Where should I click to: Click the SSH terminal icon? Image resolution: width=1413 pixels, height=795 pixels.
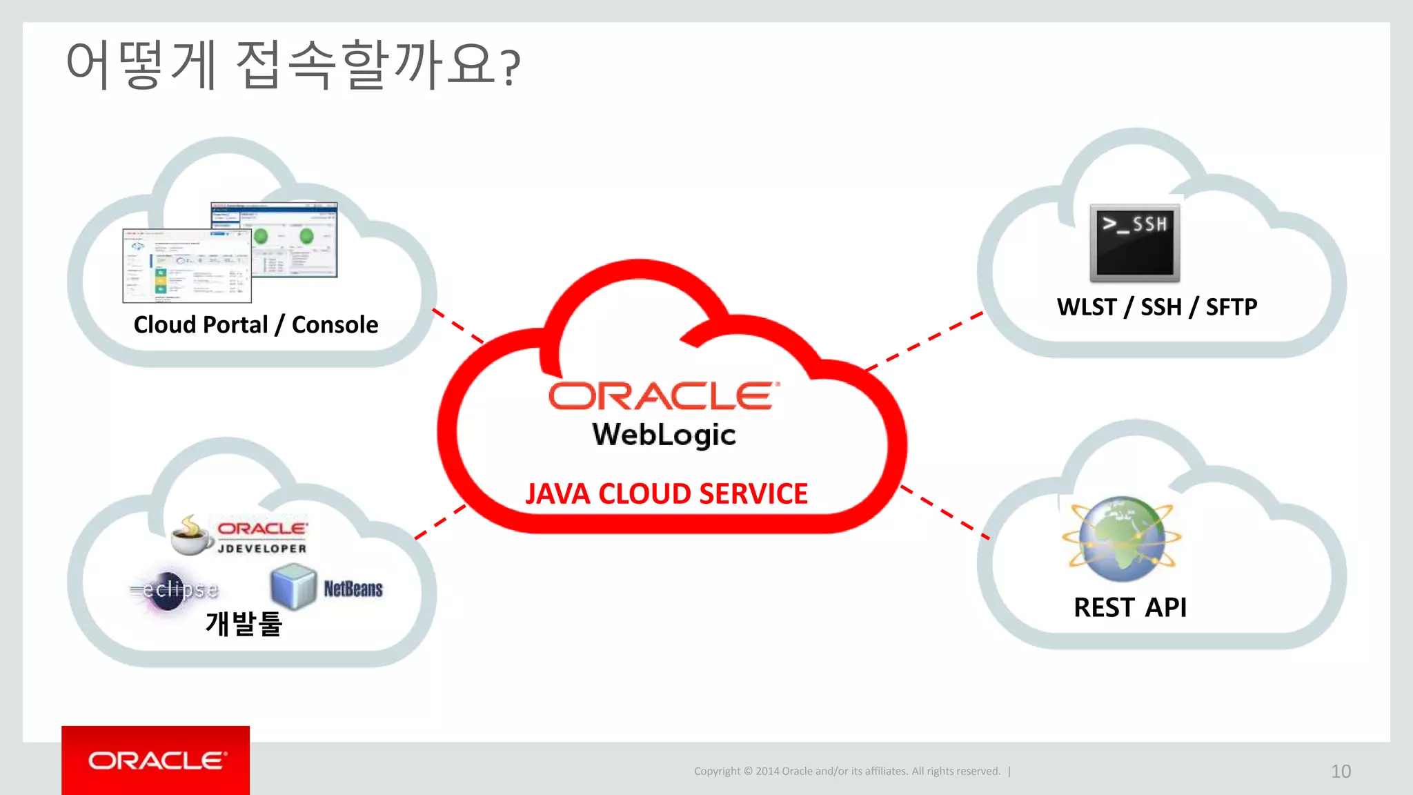(x=1134, y=243)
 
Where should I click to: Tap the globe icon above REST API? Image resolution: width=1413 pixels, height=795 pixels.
(x=1122, y=539)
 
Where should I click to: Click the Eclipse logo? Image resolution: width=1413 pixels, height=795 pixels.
(x=175, y=590)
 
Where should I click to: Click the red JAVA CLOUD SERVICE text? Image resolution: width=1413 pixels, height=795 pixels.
(x=666, y=494)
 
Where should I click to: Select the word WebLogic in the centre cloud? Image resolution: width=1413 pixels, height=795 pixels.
(x=664, y=435)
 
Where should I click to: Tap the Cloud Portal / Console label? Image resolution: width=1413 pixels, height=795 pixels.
(x=255, y=324)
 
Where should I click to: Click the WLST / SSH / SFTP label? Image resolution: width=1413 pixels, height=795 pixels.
(x=1157, y=306)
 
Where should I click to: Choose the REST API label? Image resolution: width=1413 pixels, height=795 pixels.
(x=1130, y=607)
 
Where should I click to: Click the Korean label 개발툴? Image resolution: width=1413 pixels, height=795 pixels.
(x=244, y=624)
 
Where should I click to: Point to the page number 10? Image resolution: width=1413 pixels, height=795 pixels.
(x=1341, y=771)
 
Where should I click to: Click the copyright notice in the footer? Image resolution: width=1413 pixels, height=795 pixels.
(x=847, y=771)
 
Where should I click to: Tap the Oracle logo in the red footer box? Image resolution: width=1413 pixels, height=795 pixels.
(x=157, y=760)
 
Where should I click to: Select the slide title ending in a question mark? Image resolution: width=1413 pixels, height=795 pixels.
(x=293, y=65)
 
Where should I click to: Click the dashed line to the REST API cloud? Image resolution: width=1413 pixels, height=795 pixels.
(x=945, y=513)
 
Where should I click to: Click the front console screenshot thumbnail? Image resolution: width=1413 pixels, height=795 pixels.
(x=186, y=266)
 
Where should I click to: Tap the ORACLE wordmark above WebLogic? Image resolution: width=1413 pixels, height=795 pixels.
(x=664, y=396)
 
